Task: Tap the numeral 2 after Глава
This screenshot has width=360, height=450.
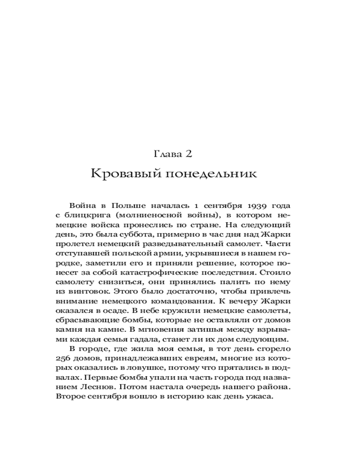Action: coord(189,154)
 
